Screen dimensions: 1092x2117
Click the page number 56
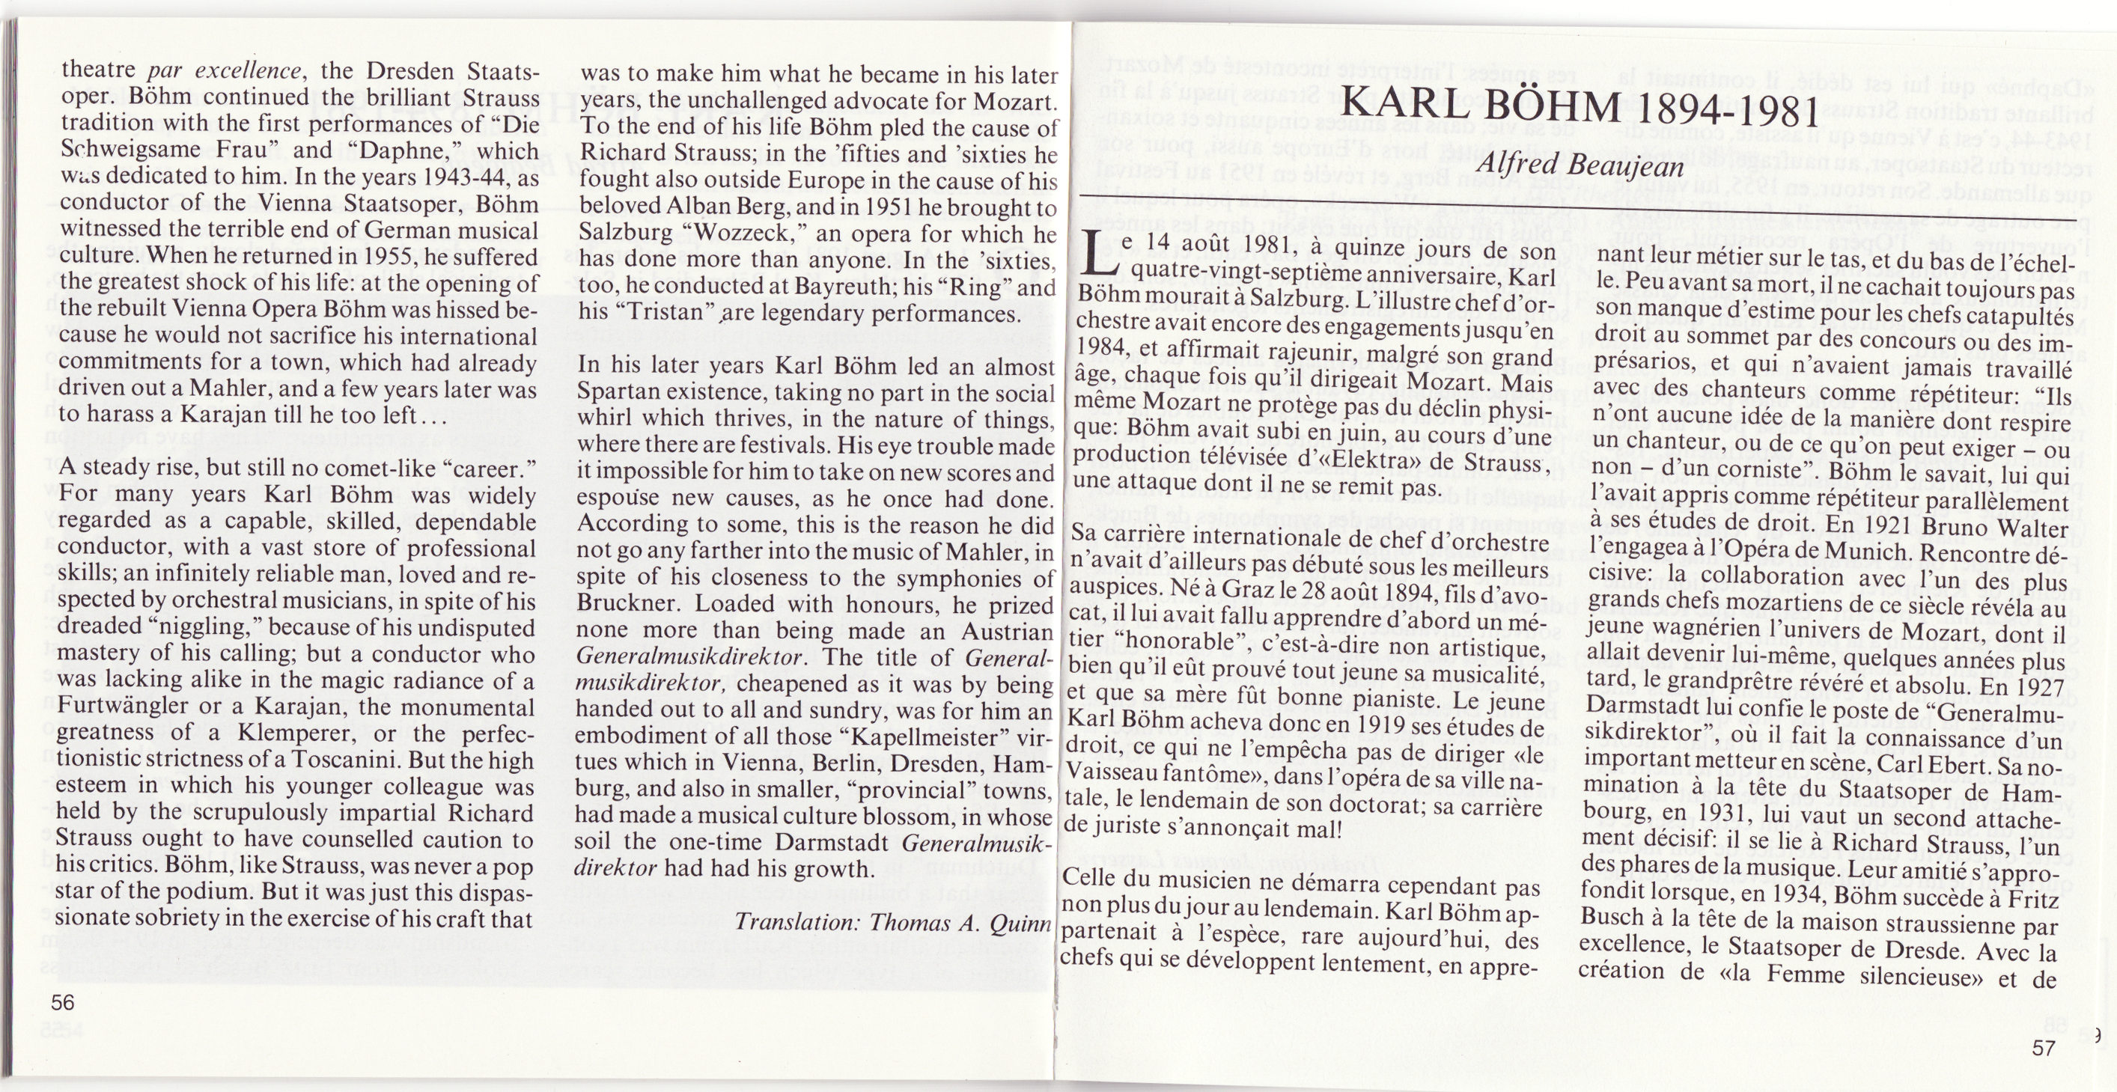62,1002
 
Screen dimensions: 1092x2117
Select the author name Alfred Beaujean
1577,166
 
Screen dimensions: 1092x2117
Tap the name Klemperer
328,733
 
